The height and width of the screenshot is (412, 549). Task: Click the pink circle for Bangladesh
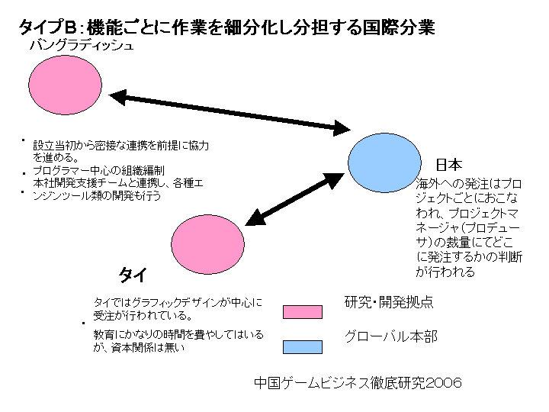point(66,89)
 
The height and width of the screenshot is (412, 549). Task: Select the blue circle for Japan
point(384,162)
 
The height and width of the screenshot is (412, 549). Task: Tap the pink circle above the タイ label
point(207,244)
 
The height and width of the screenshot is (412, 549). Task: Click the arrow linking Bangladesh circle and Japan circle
point(230,111)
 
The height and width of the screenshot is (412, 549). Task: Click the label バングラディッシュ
point(82,46)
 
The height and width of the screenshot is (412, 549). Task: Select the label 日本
point(449,165)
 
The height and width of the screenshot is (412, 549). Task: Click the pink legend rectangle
point(302,311)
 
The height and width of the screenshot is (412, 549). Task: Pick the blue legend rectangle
point(302,347)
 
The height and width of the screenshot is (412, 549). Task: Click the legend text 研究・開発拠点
point(389,302)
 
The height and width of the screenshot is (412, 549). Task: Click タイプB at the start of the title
point(49,28)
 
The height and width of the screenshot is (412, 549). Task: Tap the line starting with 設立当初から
point(120,145)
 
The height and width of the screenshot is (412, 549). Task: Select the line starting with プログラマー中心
point(104,170)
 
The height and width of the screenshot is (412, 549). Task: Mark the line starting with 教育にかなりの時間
point(178,335)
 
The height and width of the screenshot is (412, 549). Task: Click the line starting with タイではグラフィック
point(177,302)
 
